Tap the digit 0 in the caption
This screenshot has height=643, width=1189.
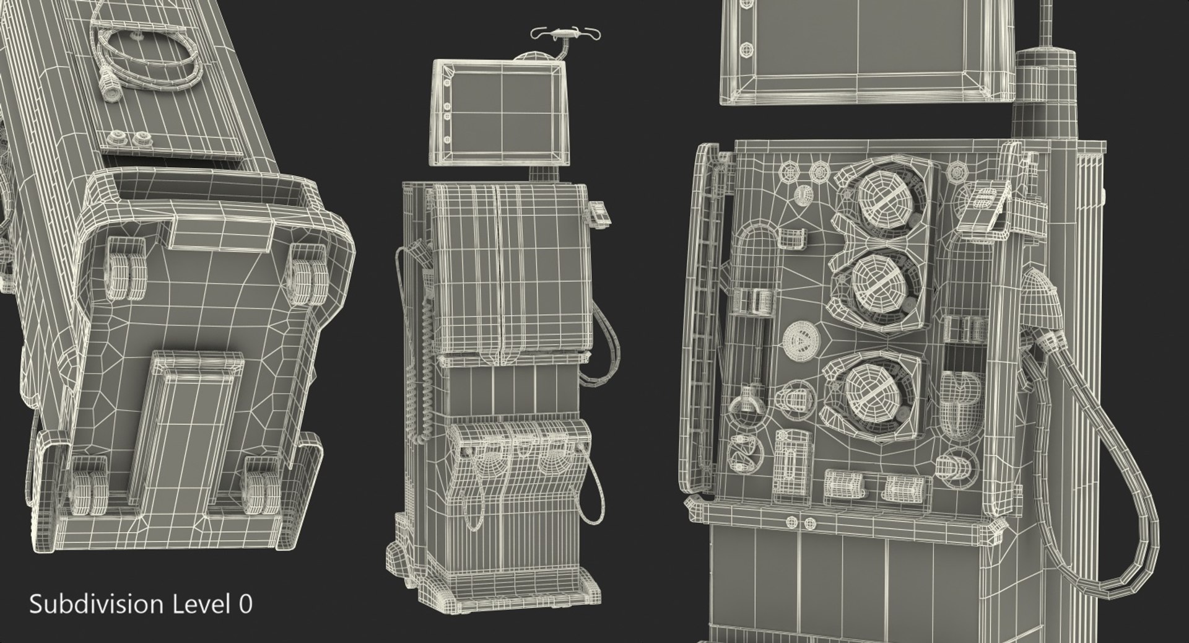click(x=246, y=605)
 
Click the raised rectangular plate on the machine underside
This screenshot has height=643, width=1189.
click(x=186, y=427)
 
